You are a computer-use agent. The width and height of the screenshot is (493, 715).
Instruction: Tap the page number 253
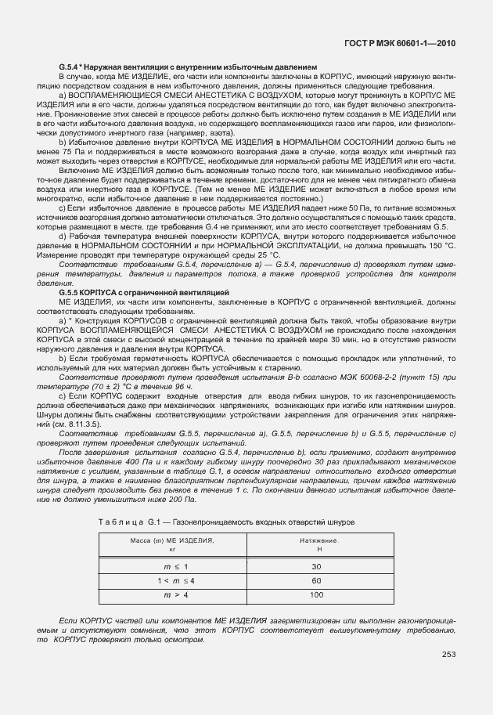pos(448,655)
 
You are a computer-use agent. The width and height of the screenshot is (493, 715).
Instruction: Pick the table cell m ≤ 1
pos(171,566)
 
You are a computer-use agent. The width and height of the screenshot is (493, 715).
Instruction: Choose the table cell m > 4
pos(171,595)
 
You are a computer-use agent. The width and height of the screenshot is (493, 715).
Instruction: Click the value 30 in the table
pos(317,566)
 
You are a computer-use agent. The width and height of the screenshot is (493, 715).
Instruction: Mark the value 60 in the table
pos(317,581)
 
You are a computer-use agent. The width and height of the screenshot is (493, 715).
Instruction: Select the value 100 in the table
pos(317,595)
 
